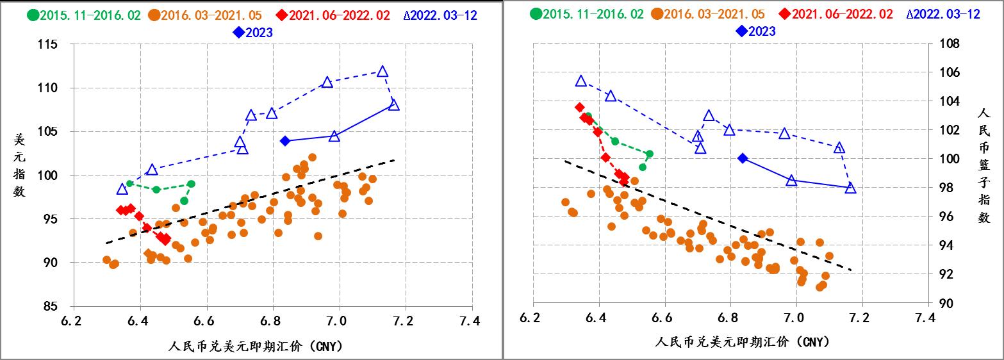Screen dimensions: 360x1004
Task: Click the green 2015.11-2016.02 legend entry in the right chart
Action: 587,14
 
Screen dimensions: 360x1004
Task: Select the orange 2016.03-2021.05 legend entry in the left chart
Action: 210,14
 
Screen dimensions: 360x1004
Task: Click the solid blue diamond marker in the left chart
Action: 286,140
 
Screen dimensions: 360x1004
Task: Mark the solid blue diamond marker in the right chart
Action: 743,158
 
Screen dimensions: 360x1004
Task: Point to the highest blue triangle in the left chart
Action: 383,71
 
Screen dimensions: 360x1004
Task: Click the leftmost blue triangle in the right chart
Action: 581,81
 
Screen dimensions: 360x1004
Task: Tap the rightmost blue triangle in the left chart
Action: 393,104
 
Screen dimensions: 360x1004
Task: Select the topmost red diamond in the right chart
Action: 579,107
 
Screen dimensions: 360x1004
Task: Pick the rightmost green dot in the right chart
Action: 649,154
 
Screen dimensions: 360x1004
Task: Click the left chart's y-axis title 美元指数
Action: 19,165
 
